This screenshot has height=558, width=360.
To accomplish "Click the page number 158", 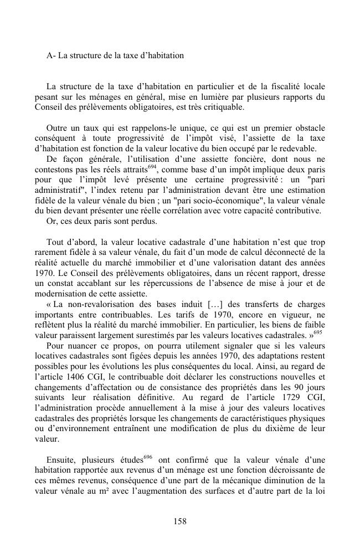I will click(x=179, y=521).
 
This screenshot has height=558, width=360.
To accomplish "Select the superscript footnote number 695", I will click(x=319, y=332).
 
